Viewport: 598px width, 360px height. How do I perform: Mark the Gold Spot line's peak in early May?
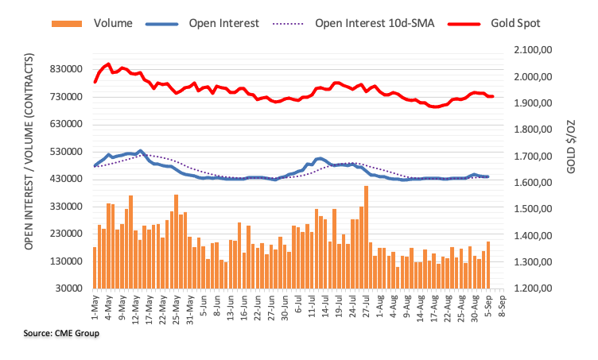[x=108, y=64]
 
